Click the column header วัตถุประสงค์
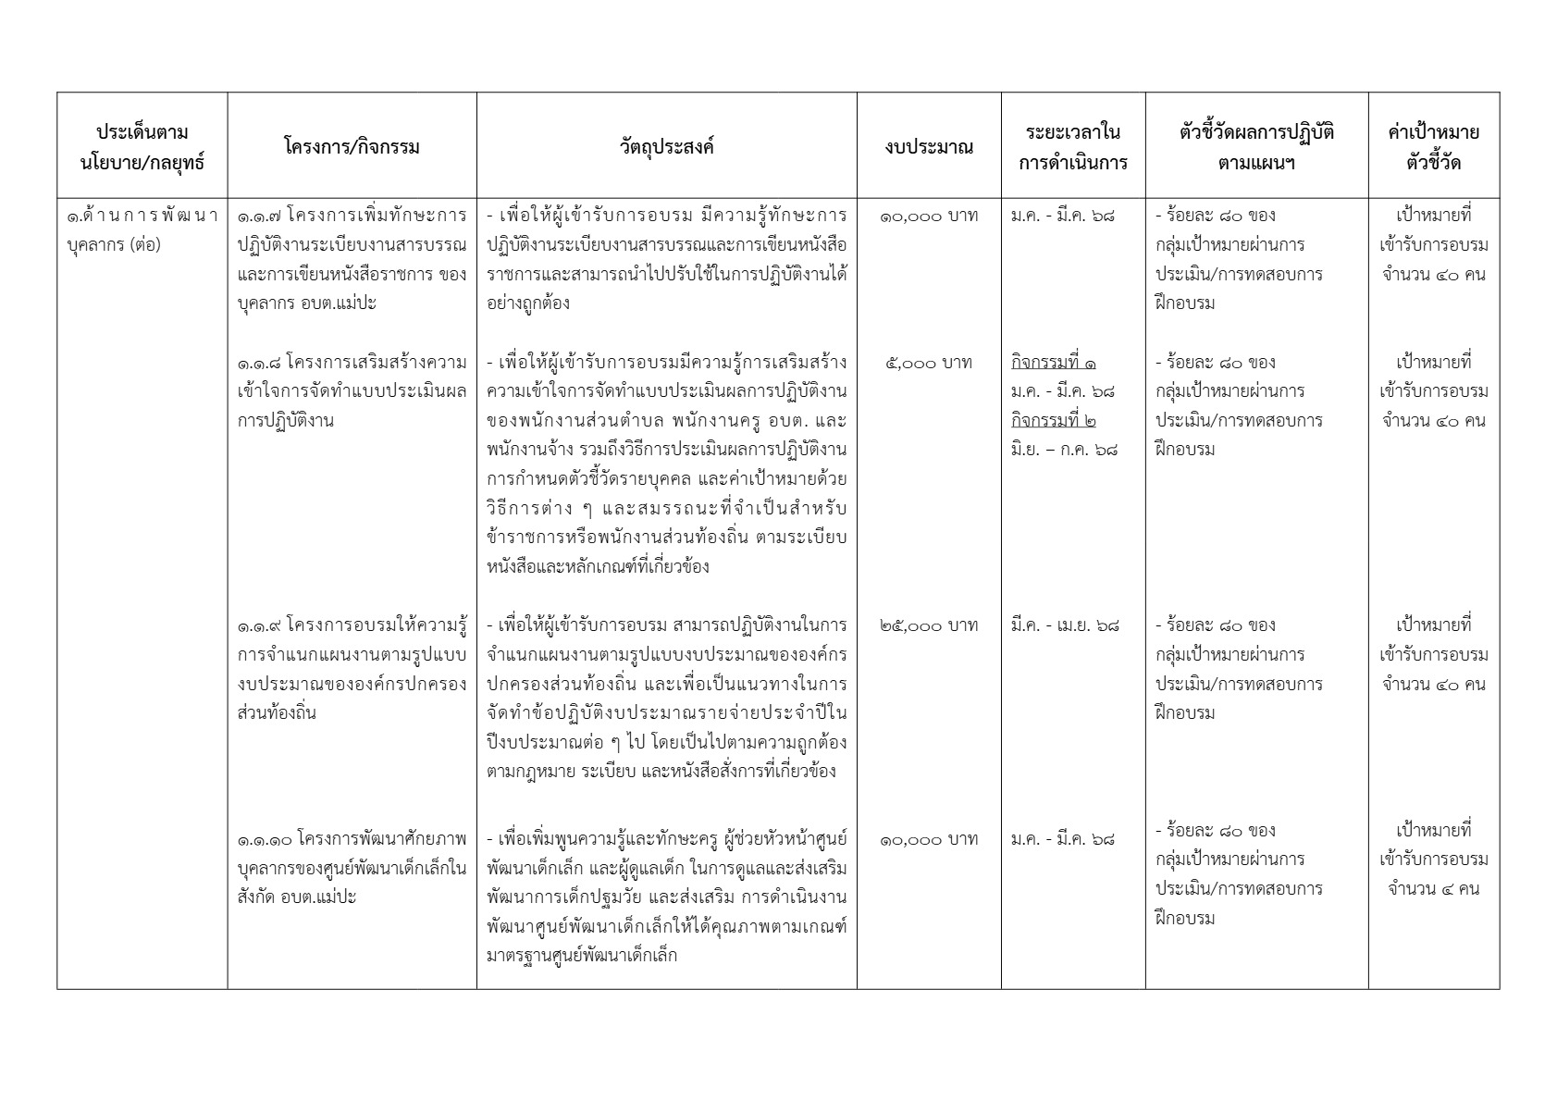[x=666, y=146]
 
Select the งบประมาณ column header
[x=929, y=147]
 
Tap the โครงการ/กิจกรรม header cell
[x=352, y=146]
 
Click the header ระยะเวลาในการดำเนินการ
[x=1073, y=147]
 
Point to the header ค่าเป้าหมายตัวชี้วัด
[x=1433, y=147]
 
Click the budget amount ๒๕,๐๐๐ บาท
[x=929, y=625]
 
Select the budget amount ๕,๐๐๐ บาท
[x=929, y=363]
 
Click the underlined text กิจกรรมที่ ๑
[x=1054, y=363]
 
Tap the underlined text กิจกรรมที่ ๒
[x=1054, y=421]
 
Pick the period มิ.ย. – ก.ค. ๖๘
[x=1064, y=451]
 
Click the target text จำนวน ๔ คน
[x=1433, y=889]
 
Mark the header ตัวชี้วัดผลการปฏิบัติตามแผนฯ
[x=1256, y=147]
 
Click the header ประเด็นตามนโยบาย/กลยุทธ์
[x=142, y=147]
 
